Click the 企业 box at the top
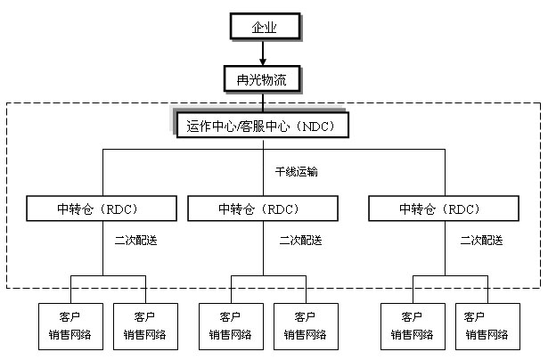[263, 27]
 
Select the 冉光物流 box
[263, 79]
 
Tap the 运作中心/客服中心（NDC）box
[262, 126]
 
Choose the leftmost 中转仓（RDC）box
[101, 209]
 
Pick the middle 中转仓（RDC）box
[262, 209]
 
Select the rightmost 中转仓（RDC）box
[442, 209]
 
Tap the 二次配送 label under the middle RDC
[300, 240]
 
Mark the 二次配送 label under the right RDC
[481, 240]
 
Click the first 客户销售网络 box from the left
[70, 326]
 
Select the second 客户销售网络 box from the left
[145, 326]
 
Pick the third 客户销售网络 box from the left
[231, 326]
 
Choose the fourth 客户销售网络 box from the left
[306, 326]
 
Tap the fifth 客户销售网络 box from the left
[413, 326]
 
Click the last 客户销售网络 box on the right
[487, 326]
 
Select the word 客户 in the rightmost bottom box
[487, 317]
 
